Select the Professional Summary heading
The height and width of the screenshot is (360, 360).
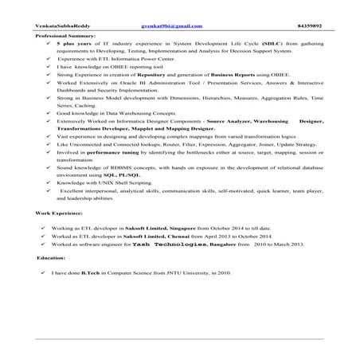click(x=65, y=37)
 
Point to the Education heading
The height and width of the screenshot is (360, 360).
click(x=50, y=259)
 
